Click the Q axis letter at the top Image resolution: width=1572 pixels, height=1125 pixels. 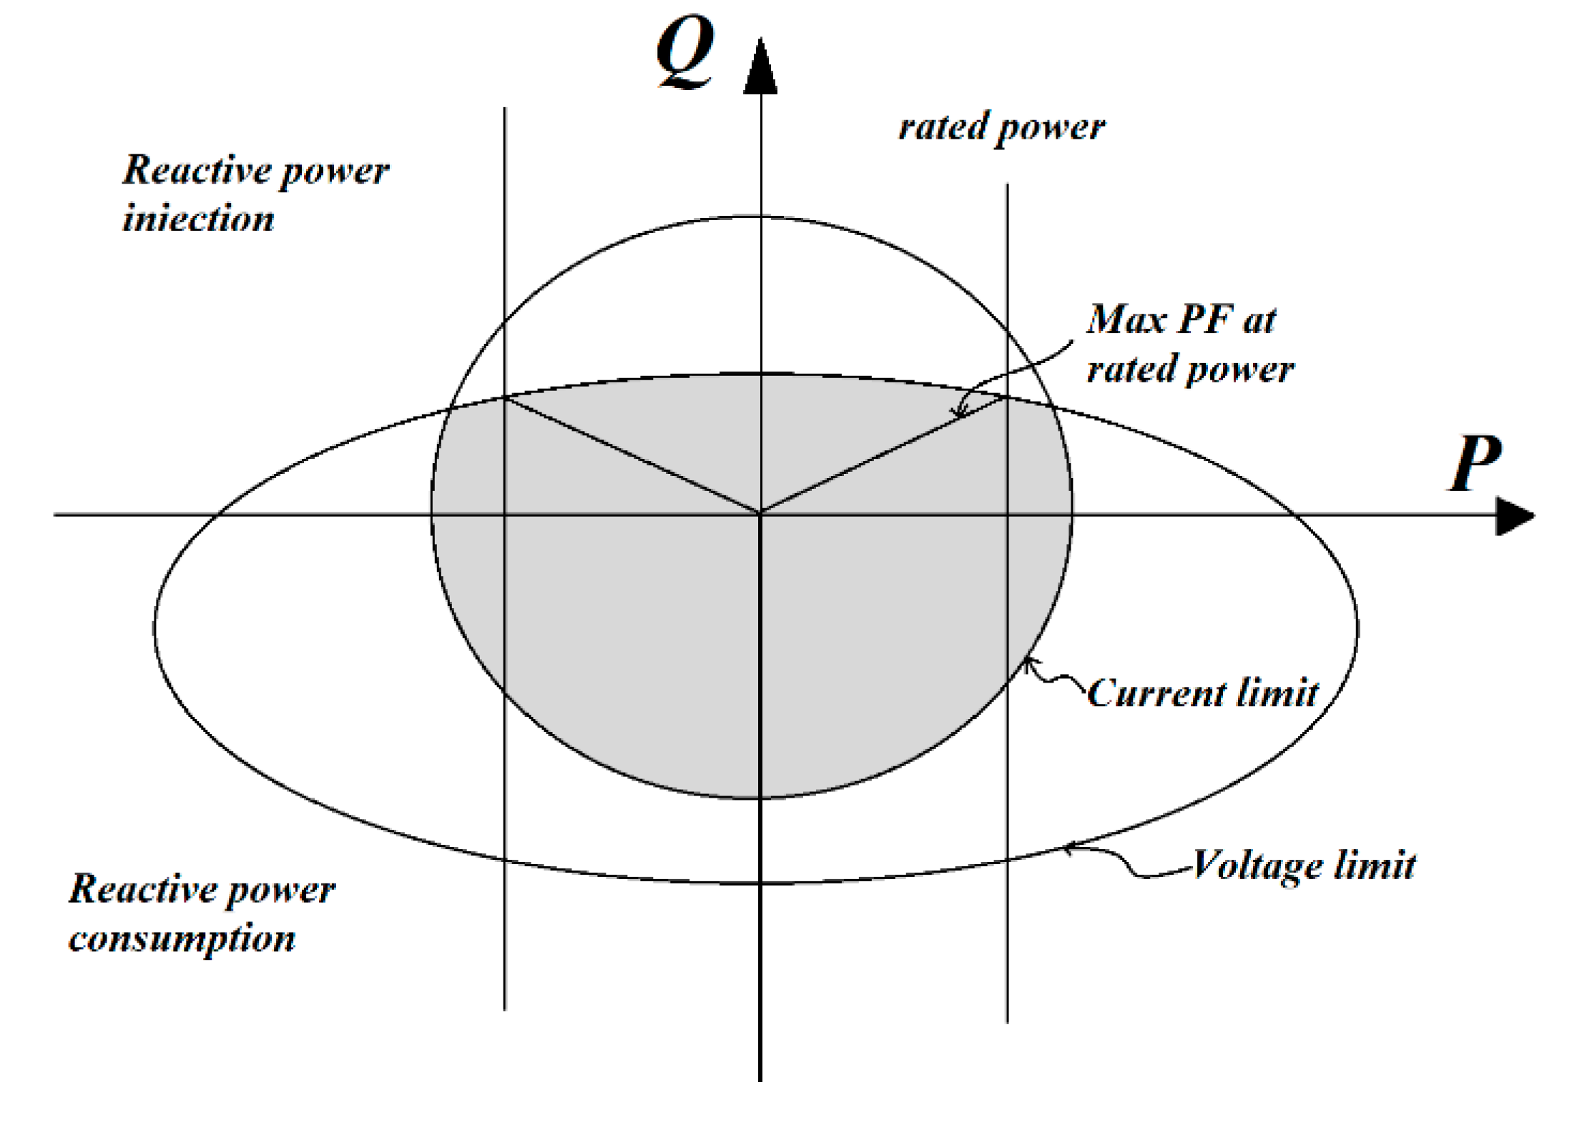point(684,51)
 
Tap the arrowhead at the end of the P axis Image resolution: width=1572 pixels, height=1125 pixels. point(1514,515)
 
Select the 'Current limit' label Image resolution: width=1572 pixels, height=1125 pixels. point(1202,693)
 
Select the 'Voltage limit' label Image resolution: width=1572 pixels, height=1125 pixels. point(1303,866)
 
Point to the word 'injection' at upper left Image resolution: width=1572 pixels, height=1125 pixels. point(198,218)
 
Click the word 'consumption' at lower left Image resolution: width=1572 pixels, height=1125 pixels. point(182,938)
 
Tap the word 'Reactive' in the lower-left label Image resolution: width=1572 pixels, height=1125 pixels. point(141,889)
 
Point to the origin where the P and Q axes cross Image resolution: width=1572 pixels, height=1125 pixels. point(760,514)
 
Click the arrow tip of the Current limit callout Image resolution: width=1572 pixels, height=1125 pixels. point(1026,658)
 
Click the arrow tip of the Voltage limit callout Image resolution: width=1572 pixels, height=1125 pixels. point(1064,848)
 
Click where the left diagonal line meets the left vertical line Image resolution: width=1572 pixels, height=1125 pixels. point(505,397)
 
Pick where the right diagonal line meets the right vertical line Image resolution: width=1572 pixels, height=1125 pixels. point(1008,397)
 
